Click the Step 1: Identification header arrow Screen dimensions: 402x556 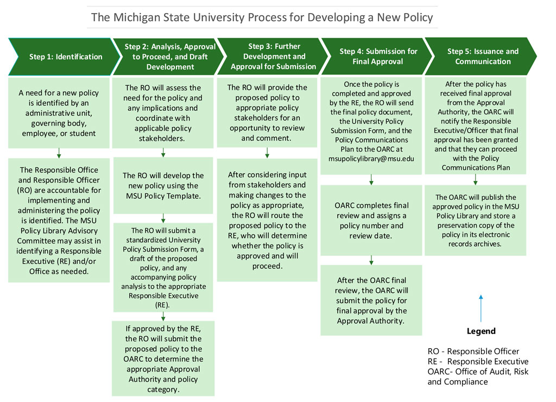[62, 56]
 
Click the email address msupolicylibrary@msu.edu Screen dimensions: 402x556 [371, 159]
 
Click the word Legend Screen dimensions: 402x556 [481, 331]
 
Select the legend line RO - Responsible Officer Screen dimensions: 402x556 [473, 351]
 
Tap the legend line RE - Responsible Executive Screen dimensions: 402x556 [478, 362]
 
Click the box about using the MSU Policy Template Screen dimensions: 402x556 [163, 186]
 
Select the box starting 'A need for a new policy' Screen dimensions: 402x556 [58, 113]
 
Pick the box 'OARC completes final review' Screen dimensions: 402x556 [371, 220]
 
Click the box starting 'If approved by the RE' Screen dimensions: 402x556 [163, 359]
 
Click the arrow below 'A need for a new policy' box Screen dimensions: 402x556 [59, 153]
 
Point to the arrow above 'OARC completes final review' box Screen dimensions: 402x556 [371, 180]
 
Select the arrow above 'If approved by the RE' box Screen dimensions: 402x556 [163, 316]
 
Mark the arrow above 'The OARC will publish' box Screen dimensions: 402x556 [476, 180]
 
